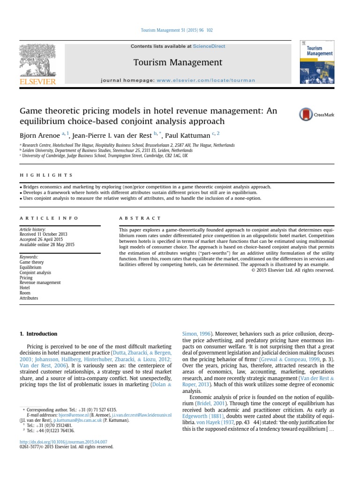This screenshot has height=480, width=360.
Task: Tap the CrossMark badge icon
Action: (x=316, y=114)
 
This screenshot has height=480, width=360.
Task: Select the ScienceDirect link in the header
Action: (x=209, y=46)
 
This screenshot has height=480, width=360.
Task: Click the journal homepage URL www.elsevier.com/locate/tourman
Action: (x=206, y=80)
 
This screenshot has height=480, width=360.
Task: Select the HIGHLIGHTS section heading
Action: (x=46, y=175)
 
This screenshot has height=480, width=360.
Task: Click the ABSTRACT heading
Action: (x=140, y=218)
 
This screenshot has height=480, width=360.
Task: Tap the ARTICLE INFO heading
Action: (x=49, y=218)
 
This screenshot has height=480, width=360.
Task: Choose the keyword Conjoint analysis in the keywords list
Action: (x=35, y=272)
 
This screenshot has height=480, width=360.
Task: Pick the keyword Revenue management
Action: (x=40, y=283)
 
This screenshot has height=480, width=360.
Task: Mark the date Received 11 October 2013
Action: (x=43, y=234)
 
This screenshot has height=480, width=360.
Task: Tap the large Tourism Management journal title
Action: (x=178, y=62)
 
